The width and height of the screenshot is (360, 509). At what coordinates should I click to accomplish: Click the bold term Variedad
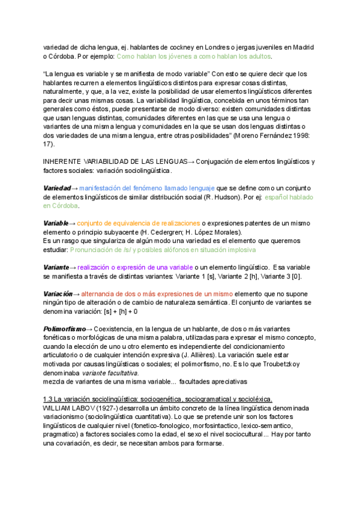point(57,188)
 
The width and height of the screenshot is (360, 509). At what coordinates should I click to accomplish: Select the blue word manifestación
point(103,188)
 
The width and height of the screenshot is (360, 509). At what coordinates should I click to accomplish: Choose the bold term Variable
point(56,223)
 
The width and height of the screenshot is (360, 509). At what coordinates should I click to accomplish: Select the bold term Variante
point(56,267)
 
